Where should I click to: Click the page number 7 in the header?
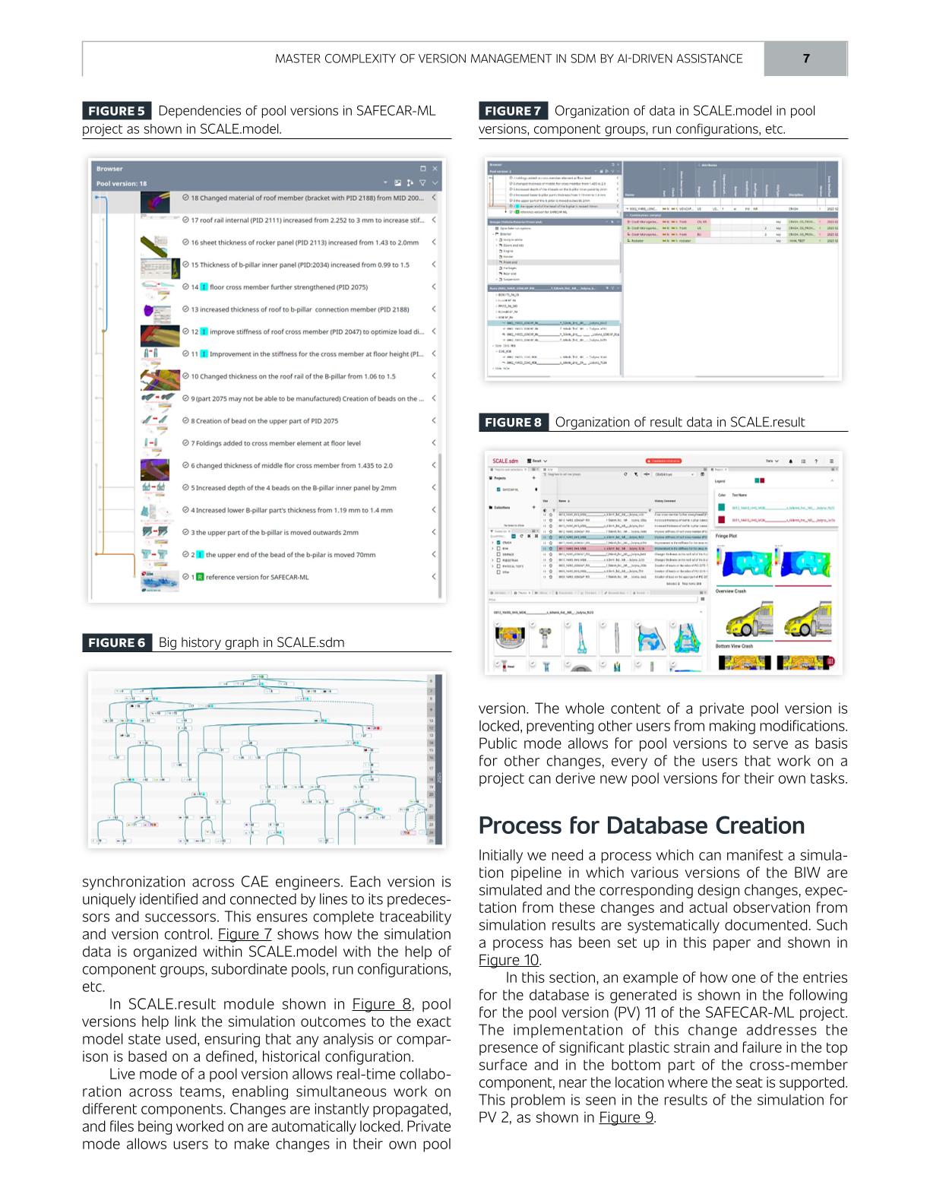coord(805,59)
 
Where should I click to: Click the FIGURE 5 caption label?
coord(117,111)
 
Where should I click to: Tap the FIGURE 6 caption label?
coord(117,643)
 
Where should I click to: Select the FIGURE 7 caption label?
coord(513,111)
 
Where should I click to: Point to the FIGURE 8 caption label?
coord(513,423)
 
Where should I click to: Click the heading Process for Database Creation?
coord(641,825)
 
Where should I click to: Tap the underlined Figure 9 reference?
coord(626,1117)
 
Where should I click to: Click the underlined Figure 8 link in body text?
coord(381,1004)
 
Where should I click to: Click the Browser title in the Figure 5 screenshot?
coord(109,169)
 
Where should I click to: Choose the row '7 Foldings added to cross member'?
coord(275,443)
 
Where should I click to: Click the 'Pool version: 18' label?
coord(122,183)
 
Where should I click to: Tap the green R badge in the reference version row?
coord(200,577)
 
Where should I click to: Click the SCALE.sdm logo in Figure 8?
coord(505,461)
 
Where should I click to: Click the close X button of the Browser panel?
coord(435,169)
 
